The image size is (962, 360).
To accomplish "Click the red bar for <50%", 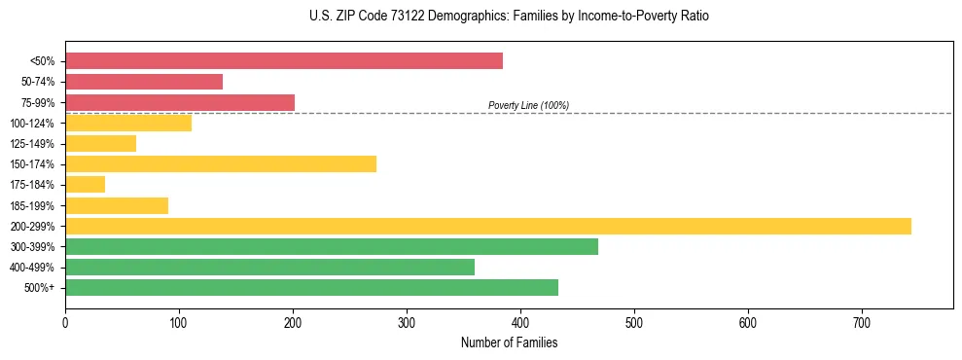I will click(x=284, y=61).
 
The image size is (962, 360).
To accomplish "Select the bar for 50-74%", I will click(x=144, y=82).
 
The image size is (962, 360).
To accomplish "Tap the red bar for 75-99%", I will click(x=180, y=102).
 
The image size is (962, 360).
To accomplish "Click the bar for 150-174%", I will click(x=221, y=164).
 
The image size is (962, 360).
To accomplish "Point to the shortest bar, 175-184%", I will click(x=85, y=185).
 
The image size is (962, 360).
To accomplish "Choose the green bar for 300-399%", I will click(x=332, y=247).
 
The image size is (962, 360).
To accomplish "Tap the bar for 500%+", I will click(x=311, y=288).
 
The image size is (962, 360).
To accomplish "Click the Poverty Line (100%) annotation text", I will click(x=528, y=105).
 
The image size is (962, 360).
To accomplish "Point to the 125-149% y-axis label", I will click(x=32, y=144).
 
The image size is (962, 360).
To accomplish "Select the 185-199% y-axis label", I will click(x=32, y=206).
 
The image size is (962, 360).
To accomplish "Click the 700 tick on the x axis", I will click(x=862, y=322).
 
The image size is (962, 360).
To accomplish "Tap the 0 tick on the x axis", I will click(x=65, y=322).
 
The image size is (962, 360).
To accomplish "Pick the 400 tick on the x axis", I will click(x=520, y=322).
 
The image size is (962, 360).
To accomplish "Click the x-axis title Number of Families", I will click(x=509, y=342).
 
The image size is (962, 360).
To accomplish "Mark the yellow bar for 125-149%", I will click(x=100, y=144).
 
